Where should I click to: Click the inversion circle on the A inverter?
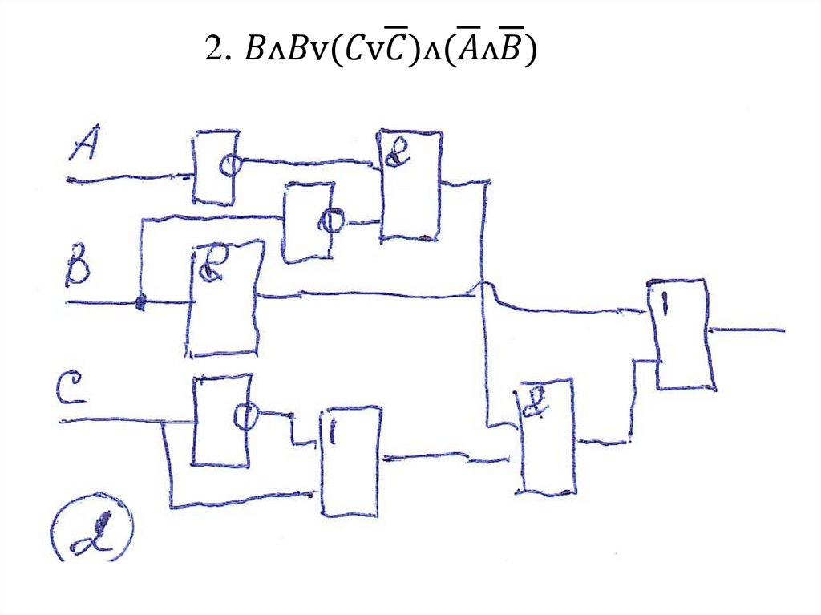tap(231, 164)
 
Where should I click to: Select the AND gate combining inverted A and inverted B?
tap(410, 184)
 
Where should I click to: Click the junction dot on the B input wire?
tap(140, 304)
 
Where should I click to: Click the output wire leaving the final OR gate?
tap(750, 330)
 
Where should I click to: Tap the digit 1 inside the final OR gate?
tap(665, 303)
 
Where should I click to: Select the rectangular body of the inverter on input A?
tap(211, 168)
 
